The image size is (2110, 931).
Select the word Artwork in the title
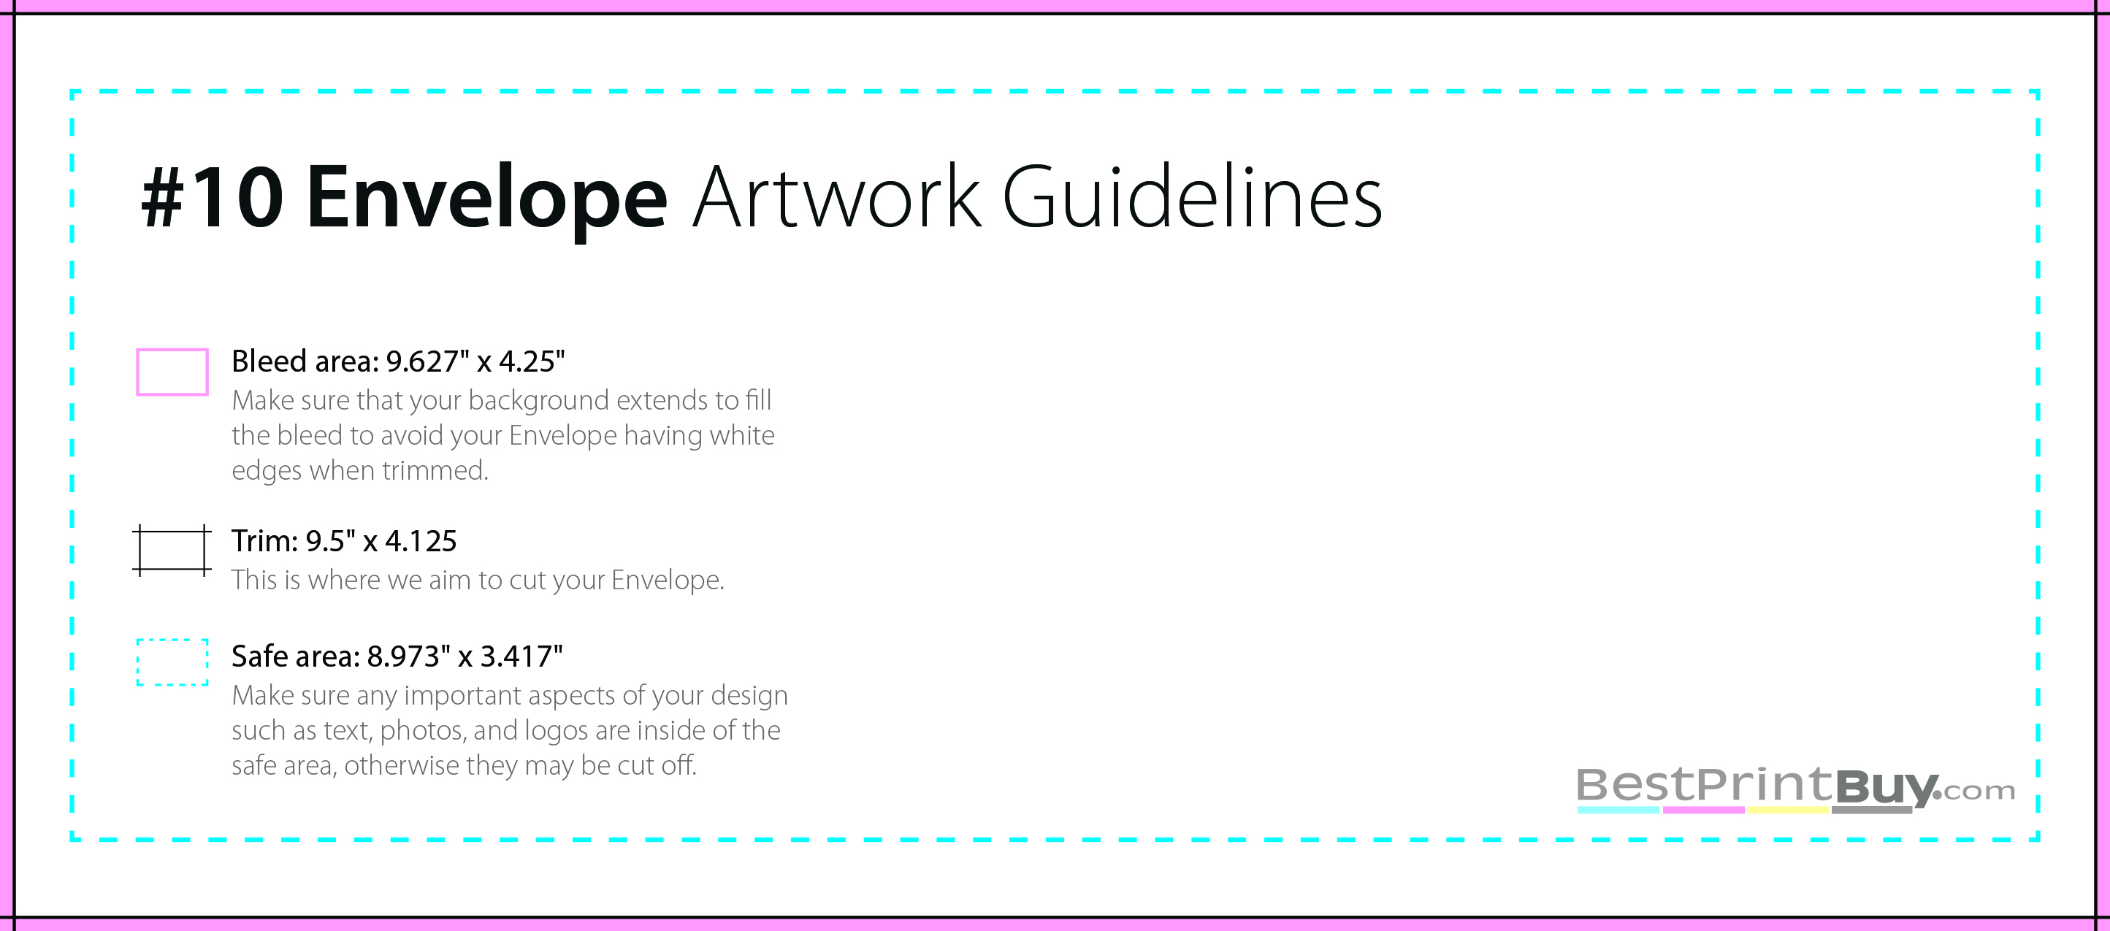coord(836,196)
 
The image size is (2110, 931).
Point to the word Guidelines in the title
coord(1192,196)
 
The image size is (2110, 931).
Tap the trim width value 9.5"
coord(330,541)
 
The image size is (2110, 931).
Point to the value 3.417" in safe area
coord(521,656)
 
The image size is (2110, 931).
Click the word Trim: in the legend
coord(264,541)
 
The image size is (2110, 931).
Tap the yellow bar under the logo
coord(1787,810)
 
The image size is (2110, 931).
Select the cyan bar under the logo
coord(1618,810)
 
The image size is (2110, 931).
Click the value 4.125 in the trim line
coord(421,541)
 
